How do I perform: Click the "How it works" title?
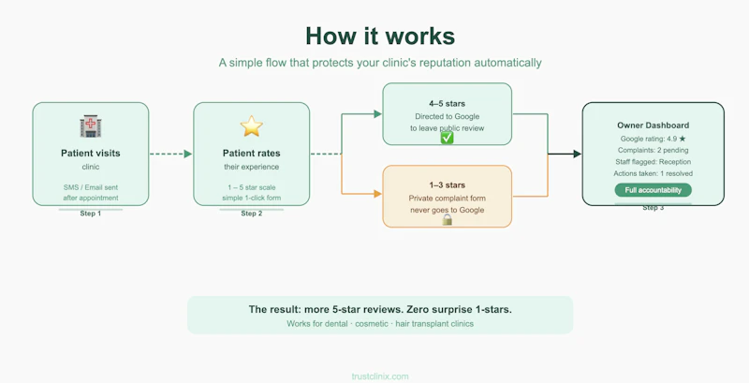[380, 37]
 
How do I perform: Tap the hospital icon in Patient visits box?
[91, 126]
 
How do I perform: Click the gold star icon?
[251, 126]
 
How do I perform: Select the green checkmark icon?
[448, 138]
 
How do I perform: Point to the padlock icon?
[448, 220]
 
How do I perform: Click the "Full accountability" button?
[653, 190]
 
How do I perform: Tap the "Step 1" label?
[91, 214]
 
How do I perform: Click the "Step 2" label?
[252, 214]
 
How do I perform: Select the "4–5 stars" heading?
[448, 104]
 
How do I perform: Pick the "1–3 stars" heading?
[448, 185]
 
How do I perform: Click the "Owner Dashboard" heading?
[653, 125]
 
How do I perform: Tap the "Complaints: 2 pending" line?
[653, 151]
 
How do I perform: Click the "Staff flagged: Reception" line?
[653, 162]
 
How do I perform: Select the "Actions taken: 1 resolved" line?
[653, 173]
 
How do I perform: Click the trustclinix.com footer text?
[380, 376]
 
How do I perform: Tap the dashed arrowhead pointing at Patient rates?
[188, 154]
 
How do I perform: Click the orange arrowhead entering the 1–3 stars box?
[378, 194]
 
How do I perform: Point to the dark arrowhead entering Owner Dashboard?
[577, 154]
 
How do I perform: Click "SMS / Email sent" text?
[91, 187]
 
